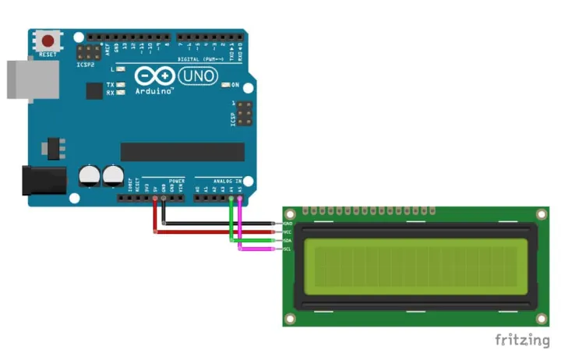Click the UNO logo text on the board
199,76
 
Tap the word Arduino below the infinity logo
153,91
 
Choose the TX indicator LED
122,83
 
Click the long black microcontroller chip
182,151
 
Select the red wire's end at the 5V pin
155,199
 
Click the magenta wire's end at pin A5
240,199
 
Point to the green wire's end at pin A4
231,199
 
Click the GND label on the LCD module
288,224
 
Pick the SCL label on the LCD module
288,249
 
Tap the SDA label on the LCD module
288,241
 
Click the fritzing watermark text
523,340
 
